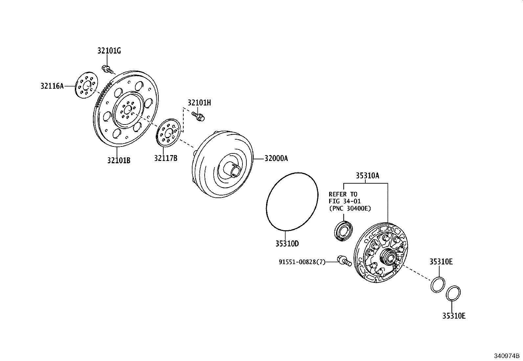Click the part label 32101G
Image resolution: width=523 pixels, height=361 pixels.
pyautogui.click(x=109, y=51)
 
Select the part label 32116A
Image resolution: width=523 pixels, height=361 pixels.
pyautogui.click(x=52, y=86)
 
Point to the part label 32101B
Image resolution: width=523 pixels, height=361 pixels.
pyautogui.click(x=119, y=160)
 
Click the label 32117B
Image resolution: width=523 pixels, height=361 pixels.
pyautogui.click(x=166, y=158)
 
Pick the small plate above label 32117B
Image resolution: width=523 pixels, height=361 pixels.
pyautogui.click(x=168, y=132)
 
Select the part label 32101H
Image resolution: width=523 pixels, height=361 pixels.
pyautogui.click(x=199, y=103)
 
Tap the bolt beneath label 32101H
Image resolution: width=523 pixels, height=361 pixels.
pyautogui.click(x=198, y=116)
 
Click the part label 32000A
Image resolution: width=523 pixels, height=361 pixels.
pyautogui.click(x=276, y=159)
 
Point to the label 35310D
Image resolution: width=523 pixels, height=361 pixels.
pyautogui.click(x=287, y=244)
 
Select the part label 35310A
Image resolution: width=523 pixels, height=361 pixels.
pyautogui.click(x=367, y=176)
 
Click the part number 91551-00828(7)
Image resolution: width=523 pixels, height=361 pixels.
pyautogui.click(x=302, y=262)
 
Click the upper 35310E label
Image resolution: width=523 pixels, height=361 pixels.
pyautogui.click(x=441, y=261)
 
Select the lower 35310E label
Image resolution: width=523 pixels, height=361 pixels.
pyautogui.click(x=453, y=316)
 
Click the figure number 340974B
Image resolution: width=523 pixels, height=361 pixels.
pyautogui.click(x=507, y=356)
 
